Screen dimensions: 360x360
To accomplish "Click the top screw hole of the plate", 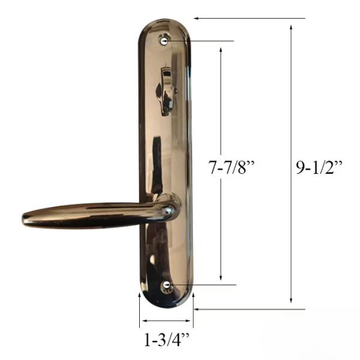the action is pyautogui.click(x=164, y=41).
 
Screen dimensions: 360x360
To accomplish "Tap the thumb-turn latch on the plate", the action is pyautogui.click(x=167, y=91).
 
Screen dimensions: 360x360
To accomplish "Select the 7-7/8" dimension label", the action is pyautogui.click(x=232, y=167).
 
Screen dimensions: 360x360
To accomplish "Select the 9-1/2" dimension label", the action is pyautogui.click(x=319, y=167).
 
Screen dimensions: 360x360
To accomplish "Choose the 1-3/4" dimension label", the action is pyautogui.click(x=167, y=340).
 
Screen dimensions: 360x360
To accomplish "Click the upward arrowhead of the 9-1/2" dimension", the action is pyautogui.click(x=291, y=28).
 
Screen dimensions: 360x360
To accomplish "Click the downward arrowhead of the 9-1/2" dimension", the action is pyautogui.click(x=291, y=300).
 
